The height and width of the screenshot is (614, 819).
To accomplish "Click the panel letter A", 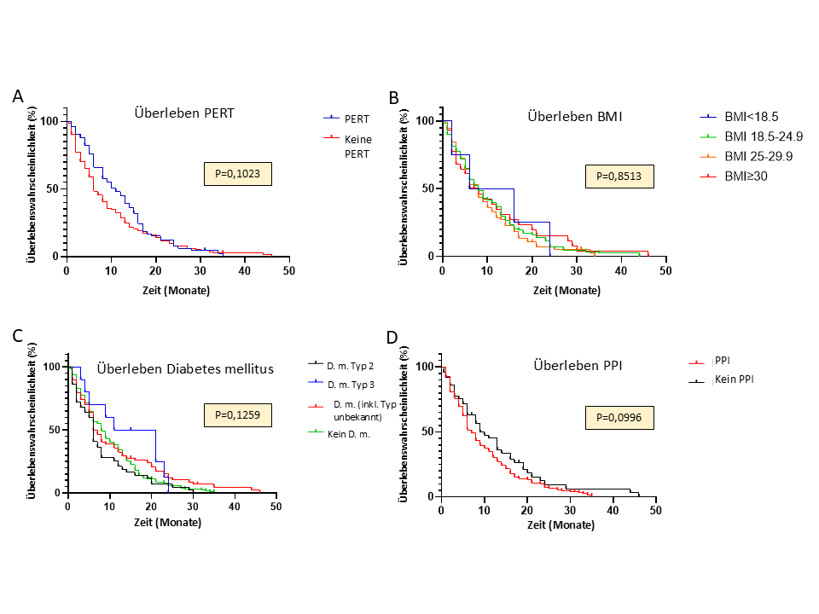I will pyautogui.click(x=18, y=96).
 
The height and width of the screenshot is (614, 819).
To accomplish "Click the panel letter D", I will pyautogui.click(x=392, y=339).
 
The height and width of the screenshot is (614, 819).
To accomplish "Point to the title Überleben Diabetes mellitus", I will pyautogui.click(x=185, y=368).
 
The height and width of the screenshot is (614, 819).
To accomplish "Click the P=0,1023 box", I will pyautogui.click(x=238, y=175).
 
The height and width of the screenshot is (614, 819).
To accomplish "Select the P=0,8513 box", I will pyautogui.click(x=619, y=177).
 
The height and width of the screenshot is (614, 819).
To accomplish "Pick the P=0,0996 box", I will pyautogui.click(x=619, y=417).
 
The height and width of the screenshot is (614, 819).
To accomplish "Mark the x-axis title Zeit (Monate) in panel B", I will pyautogui.click(x=554, y=290).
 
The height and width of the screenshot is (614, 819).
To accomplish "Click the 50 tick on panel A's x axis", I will pyautogui.click(x=289, y=270).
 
